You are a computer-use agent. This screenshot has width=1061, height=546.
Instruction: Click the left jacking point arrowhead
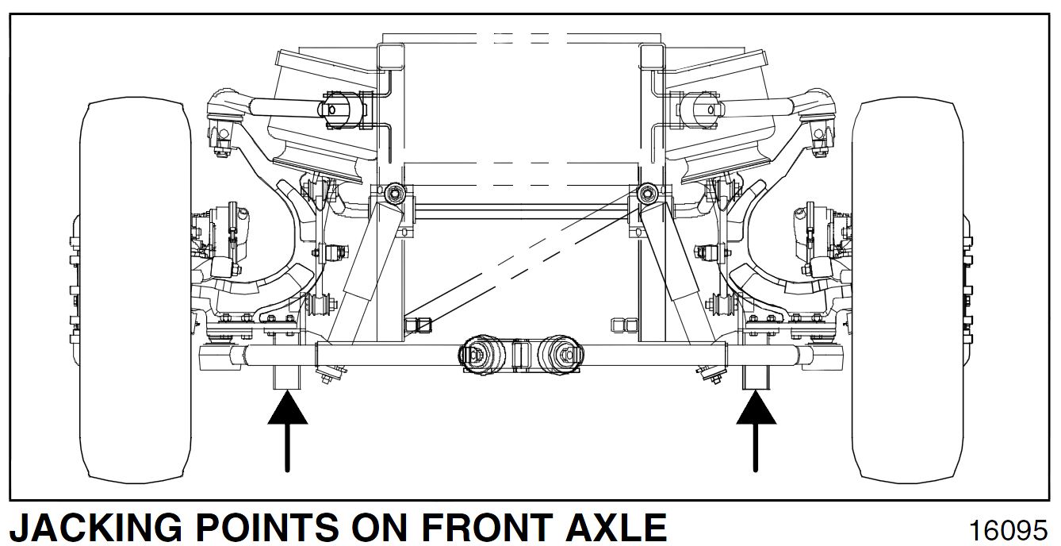[x=288, y=408]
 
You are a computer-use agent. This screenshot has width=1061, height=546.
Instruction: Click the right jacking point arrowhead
[x=756, y=408]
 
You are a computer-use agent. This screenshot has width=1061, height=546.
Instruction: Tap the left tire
[x=136, y=291]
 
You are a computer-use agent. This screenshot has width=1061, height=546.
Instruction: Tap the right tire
[x=907, y=291]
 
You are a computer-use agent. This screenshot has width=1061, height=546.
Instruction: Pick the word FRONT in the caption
[x=486, y=527]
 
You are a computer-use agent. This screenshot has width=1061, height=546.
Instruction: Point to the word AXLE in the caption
[x=616, y=527]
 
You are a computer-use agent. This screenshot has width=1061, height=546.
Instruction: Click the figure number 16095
[x=1008, y=530]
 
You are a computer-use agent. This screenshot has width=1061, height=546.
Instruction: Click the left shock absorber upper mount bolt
[x=394, y=193]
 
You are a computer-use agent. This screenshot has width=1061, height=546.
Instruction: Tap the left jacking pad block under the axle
[x=287, y=377]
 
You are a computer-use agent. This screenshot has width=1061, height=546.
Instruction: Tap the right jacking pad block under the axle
[x=756, y=377]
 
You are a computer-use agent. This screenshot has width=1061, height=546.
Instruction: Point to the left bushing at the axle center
[x=477, y=355]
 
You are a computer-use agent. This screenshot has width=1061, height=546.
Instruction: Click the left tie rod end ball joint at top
[x=227, y=106]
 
